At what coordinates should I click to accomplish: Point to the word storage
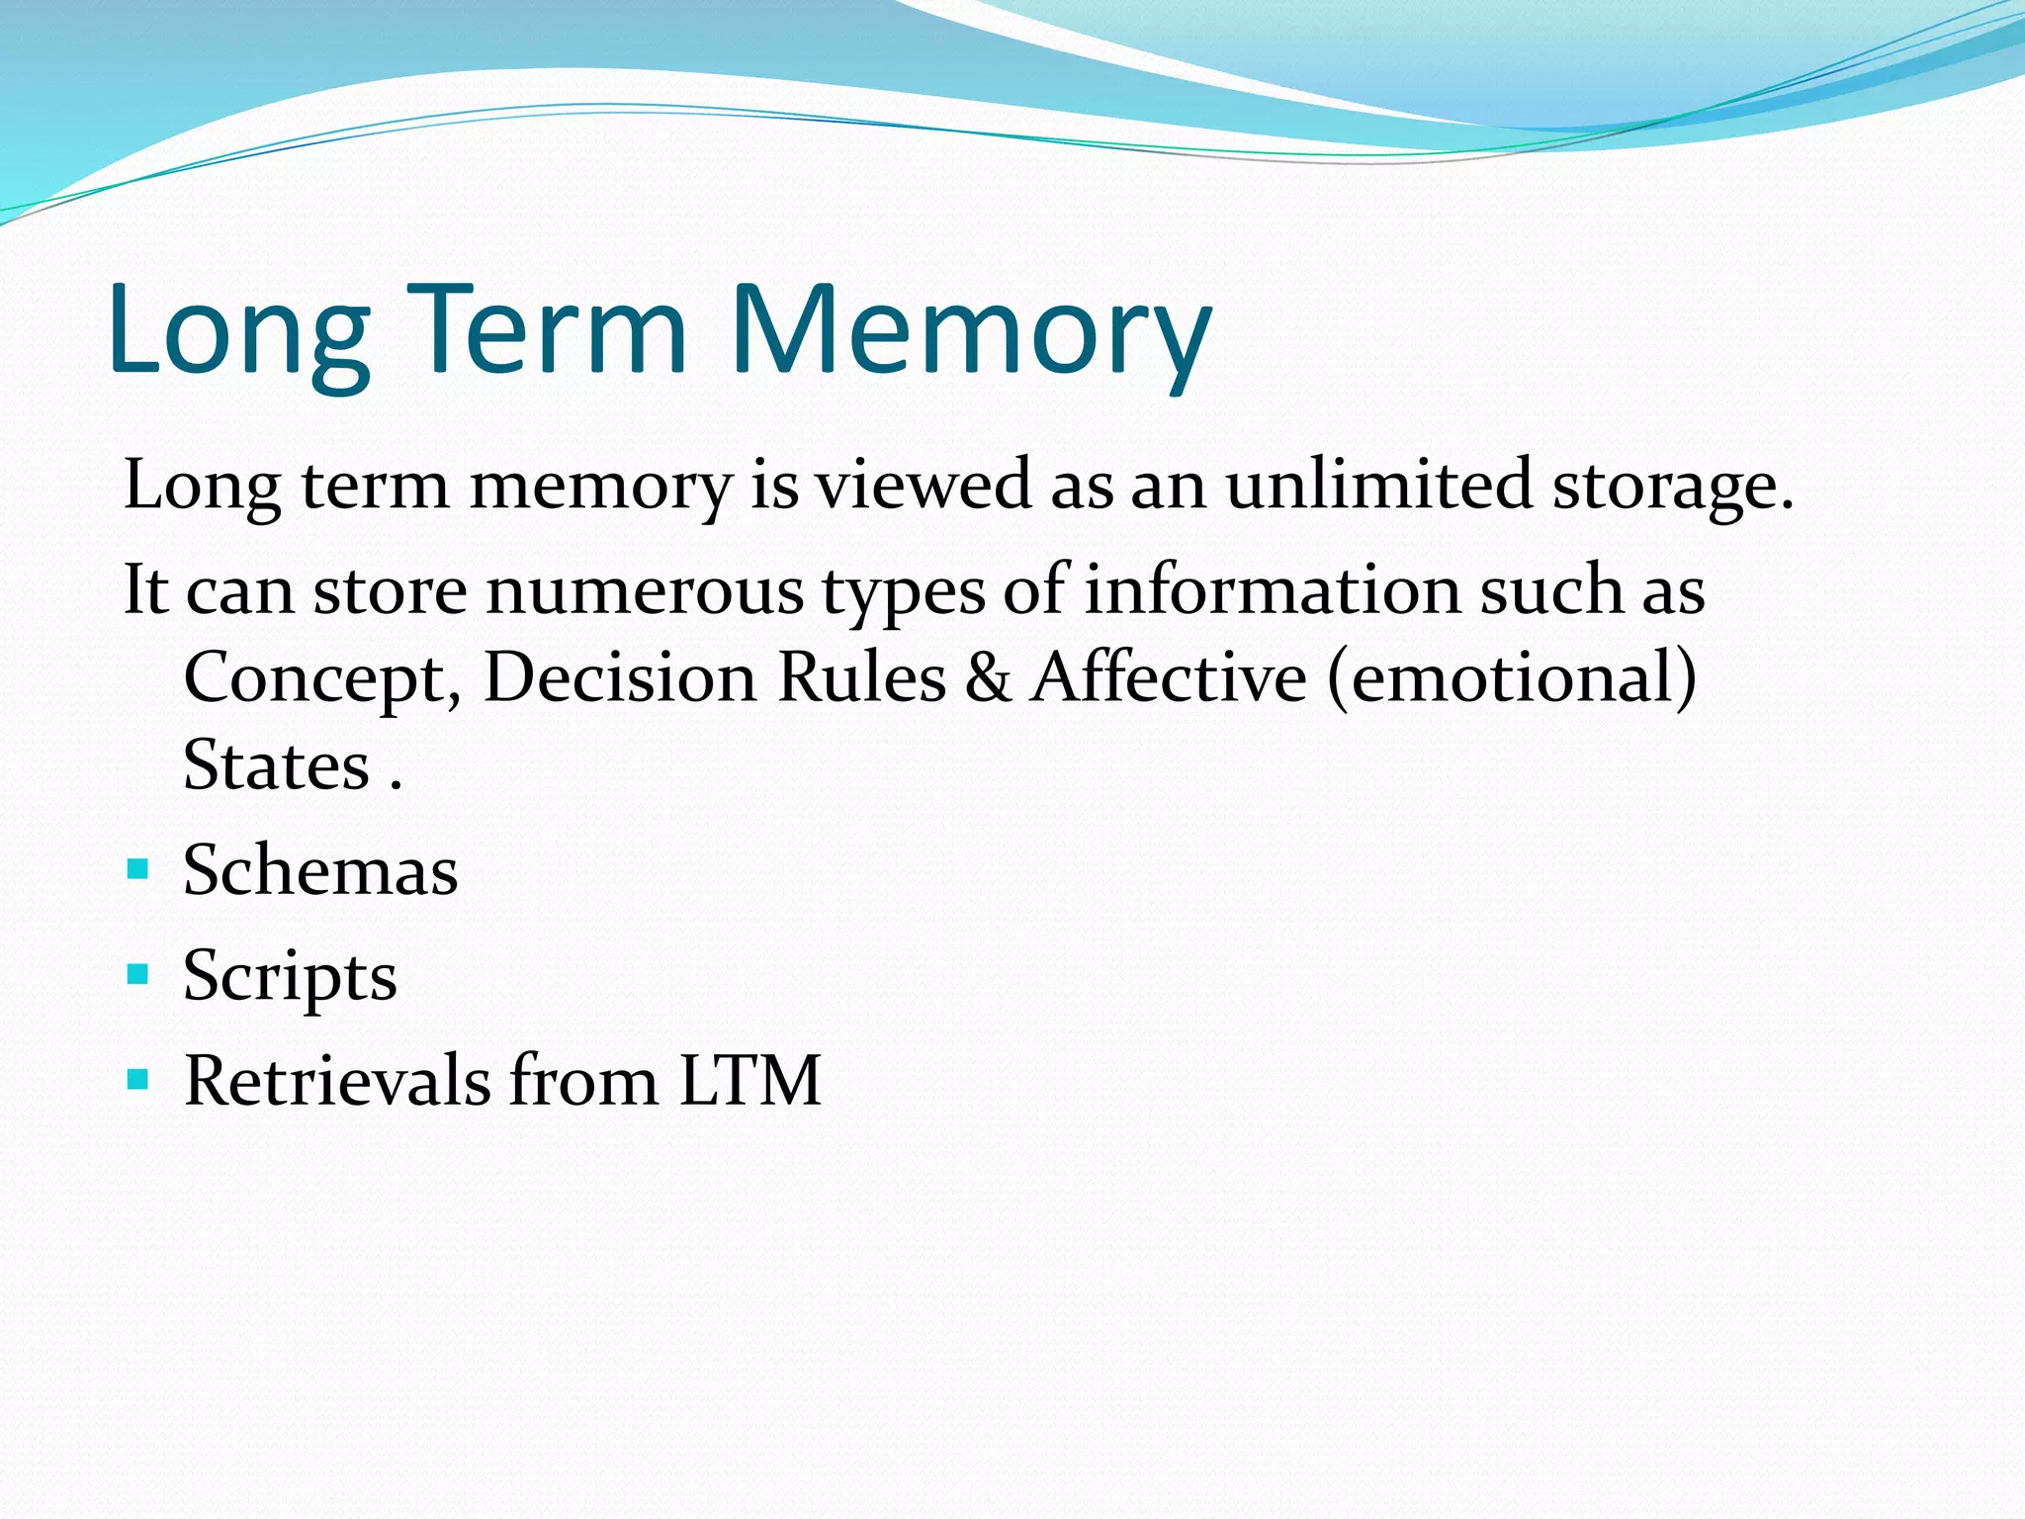(x=1672, y=488)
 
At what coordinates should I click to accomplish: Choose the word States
(x=277, y=765)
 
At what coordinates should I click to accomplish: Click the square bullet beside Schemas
(x=138, y=870)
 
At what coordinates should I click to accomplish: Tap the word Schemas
(x=320, y=870)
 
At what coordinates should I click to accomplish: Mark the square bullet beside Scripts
(x=138, y=975)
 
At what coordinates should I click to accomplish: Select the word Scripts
(x=290, y=977)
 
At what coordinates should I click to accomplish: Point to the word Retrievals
(x=337, y=1080)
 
